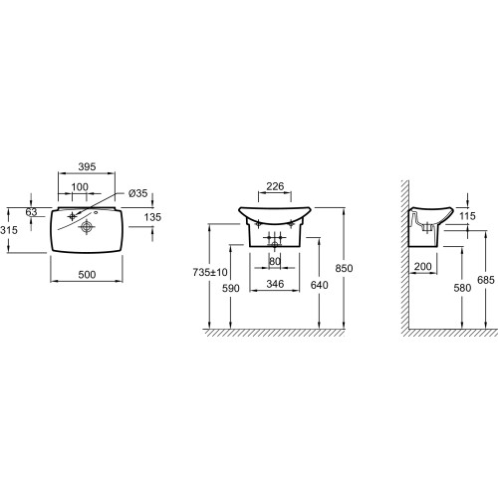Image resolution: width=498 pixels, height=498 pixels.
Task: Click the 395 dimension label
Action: pos(87,166)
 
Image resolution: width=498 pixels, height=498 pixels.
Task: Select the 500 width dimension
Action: pos(87,275)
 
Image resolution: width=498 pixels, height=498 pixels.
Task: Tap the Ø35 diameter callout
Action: pos(138,193)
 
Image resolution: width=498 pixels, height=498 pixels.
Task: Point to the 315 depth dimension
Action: pos(9,230)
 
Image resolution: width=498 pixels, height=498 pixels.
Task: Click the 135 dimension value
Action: pos(152,217)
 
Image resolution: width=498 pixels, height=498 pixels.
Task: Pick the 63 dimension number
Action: pos(31,212)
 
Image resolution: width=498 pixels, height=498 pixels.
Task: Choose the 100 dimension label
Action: pos(80,187)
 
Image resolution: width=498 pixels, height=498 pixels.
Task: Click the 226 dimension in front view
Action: pos(275,186)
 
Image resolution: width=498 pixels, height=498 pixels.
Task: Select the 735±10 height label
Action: pos(210,272)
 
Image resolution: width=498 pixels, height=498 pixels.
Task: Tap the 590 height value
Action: pos(231,288)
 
